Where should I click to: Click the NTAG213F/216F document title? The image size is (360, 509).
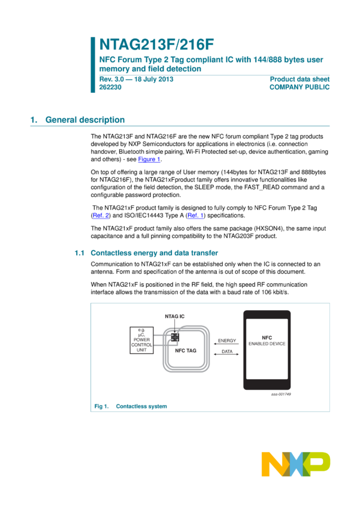pyautogui.click(x=156, y=44)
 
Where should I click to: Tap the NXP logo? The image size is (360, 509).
pyautogui.click(x=296, y=464)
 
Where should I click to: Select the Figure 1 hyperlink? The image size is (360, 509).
pyautogui.click(x=149, y=159)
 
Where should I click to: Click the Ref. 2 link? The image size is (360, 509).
pyautogui.click(x=101, y=216)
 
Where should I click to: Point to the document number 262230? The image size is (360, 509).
pyautogui.click(x=110, y=87)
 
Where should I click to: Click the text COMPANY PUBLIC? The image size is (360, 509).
pyautogui.click(x=300, y=87)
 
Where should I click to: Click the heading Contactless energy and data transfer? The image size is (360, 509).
pyautogui.click(x=154, y=253)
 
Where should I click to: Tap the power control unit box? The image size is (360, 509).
pyautogui.click(x=141, y=340)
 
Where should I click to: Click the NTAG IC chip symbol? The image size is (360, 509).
pyautogui.click(x=175, y=337)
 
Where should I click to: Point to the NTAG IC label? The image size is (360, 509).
pyautogui.click(x=175, y=316)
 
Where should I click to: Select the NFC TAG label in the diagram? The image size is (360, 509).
pyautogui.click(x=186, y=350)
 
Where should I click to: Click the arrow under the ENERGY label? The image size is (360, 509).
pyautogui.click(x=226, y=344)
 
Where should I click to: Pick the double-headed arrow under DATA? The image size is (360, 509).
pyautogui.click(x=226, y=354)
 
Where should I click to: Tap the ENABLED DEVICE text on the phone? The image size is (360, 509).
pyautogui.click(x=267, y=344)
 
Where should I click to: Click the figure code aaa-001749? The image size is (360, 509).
pyautogui.click(x=281, y=394)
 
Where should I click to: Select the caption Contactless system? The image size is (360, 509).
pyautogui.click(x=141, y=407)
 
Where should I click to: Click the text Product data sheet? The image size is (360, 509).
pyautogui.click(x=300, y=79)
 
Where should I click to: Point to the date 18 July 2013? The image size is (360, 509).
pyautogui.click(x=154, y=79)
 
